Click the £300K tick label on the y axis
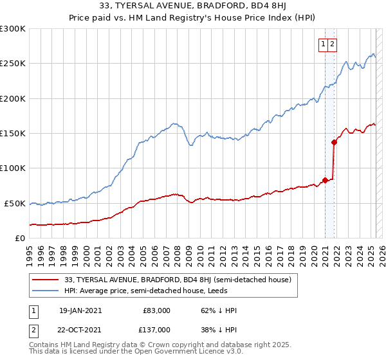(x=13, y=29)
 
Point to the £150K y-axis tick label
(x=13, y=134)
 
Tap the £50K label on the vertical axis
(x=15, y=203)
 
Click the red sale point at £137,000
(x=334, y=142)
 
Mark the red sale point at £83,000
(x=326, y=180)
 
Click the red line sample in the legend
(x=46, y=280)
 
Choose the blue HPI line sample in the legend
(x=46, y=291)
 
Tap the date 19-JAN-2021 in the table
(x=80, y=310)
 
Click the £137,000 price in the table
(x=156, y=330)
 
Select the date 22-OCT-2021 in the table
(x=80, y=330)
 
